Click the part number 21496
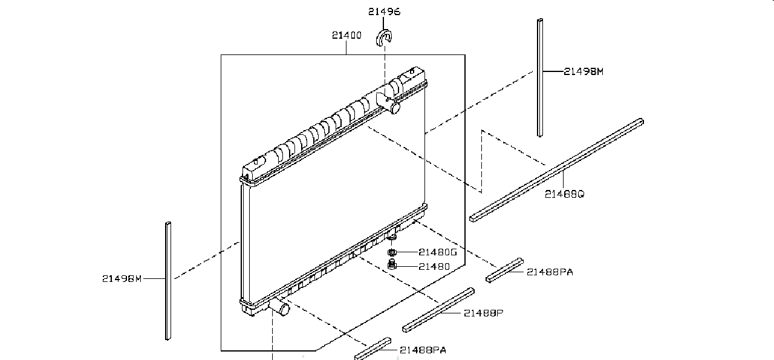pos(384,11)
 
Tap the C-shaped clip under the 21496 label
pos(384,37)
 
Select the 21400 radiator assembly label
pos(346,35)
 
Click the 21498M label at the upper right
pos(584,71)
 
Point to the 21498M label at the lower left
pos(122,278)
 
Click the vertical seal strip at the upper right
pos(539,77)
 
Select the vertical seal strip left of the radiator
pos(167,281)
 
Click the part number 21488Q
pos(564,194)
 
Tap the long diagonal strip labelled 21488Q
pos(556,169)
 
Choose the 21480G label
pos(437,252)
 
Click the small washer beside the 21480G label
pos(392,252)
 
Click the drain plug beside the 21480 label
pos(392,265)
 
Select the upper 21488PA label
pos(549,272)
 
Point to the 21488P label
pos(484,313)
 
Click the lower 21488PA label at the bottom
pos(423,350)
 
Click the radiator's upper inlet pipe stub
pos(394,108)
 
